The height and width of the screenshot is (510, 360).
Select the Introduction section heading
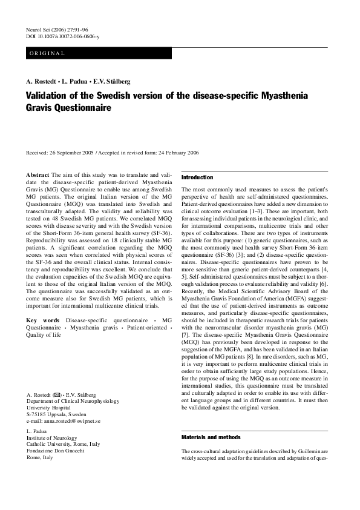point(197,177)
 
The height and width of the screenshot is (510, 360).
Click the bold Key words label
point(44,320)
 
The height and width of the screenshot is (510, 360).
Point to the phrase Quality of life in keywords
point(48,334)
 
